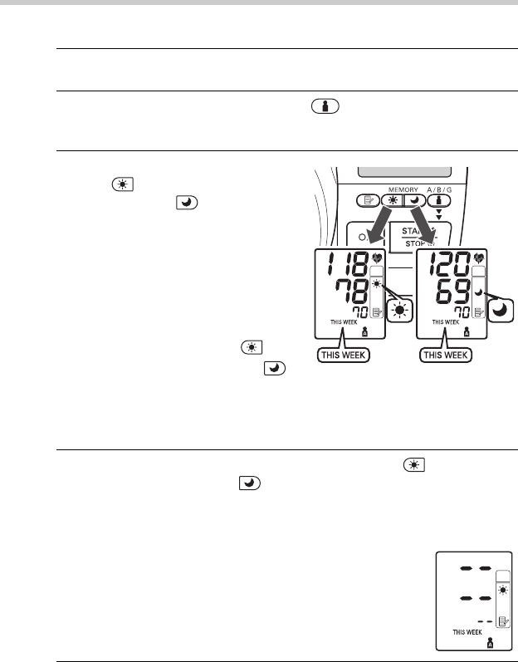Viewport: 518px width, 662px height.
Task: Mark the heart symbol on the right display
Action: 481,257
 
